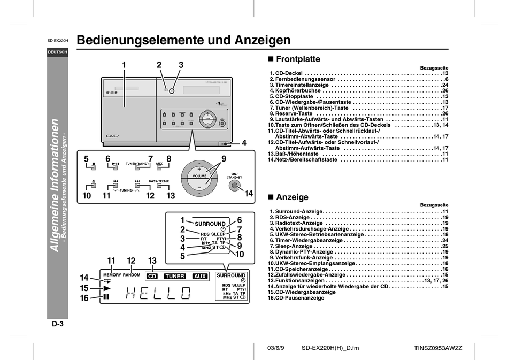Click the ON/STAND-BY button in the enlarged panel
(233, 186)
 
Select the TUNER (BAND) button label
(136, 163)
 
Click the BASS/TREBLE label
(159, 181)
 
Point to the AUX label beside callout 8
(159, 163)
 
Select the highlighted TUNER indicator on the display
(174, 277)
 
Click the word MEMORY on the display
(112, 275)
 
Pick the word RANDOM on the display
(132, 275)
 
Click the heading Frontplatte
(297, 59)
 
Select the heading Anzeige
(292, 197)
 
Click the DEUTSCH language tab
(57, 52)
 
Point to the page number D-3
(58, 324)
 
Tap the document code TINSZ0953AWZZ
(438, 348)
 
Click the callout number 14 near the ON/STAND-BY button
(249, 194)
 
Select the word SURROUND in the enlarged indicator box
(210, 224)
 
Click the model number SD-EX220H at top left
(57, 41)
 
